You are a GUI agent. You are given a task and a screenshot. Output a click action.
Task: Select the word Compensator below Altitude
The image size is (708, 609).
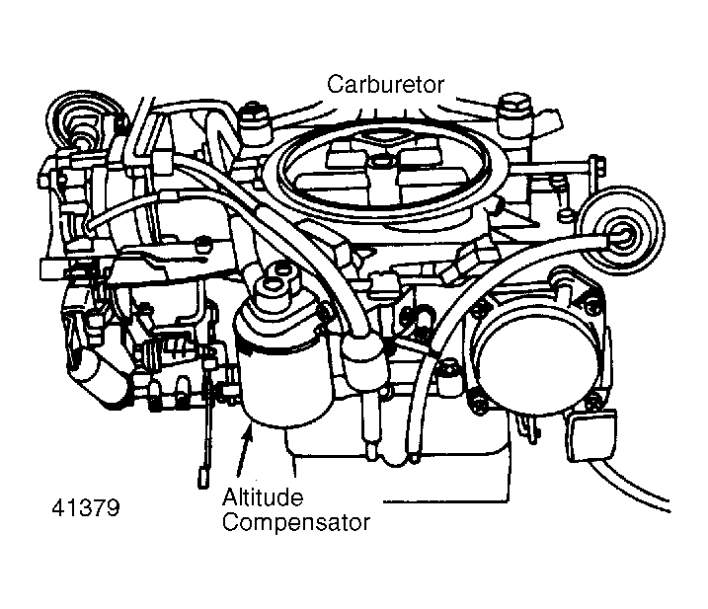pos(296,522)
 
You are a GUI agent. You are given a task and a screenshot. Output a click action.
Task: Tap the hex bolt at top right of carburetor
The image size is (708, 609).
pos(513,109)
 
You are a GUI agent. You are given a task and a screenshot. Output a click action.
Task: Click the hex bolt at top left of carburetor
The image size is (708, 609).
pos(249,123)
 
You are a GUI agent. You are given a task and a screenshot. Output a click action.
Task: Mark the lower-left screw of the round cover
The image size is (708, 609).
pos(477,400)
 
